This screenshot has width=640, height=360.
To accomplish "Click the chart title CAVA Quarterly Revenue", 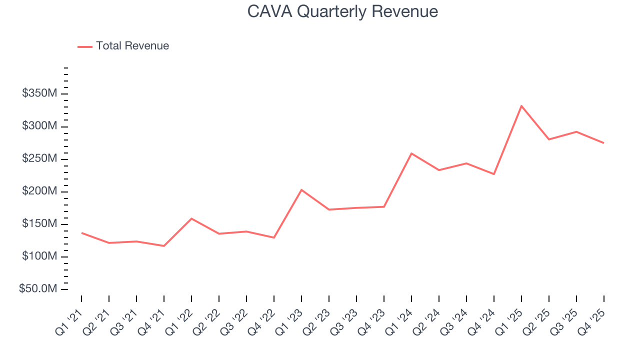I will [x=342, y=11].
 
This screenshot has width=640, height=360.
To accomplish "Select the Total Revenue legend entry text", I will [x=132, y=46].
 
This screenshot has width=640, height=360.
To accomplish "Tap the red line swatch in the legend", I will [x=85, y=46].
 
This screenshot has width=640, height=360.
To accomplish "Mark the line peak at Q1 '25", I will [x=521, y=106].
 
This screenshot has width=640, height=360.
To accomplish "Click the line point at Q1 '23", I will [x=301, y=190].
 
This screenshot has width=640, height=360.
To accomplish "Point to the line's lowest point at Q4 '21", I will [x=164, y=245].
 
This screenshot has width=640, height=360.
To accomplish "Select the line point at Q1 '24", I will [x=411, y=153].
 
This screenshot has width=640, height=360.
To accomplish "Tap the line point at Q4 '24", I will [x=494, y=174].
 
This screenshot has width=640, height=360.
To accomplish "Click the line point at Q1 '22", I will [x=191, y=218].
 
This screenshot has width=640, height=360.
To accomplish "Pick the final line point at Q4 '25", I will [x=603, y=143].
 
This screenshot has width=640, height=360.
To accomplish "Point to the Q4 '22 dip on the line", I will [x=274, y=237].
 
